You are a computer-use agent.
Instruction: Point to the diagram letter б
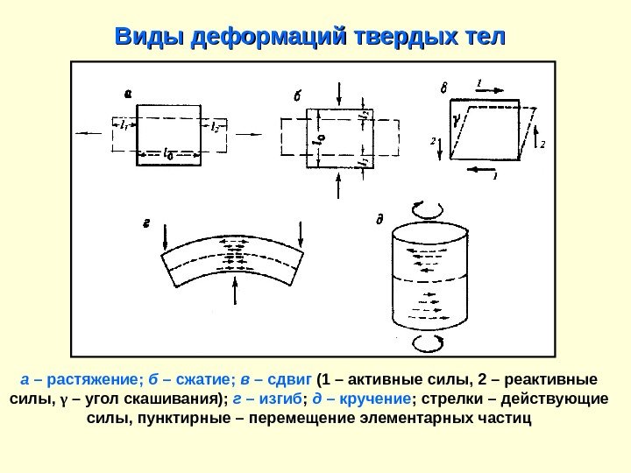(296, 96)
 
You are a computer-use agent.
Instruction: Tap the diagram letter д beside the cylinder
(379, 219)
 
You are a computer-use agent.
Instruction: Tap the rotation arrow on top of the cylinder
(419, 208)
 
